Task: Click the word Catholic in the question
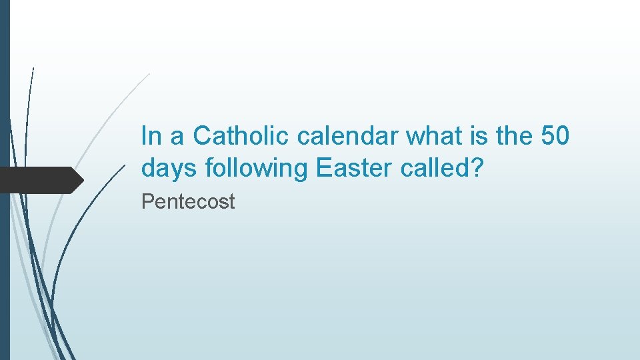pos(241,136)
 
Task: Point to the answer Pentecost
pos(188,202)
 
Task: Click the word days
pos(170,169)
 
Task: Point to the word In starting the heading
pos(151,136)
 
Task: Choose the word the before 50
pos(514,136)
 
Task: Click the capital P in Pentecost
pos(147,202)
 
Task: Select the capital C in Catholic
pos(202,136)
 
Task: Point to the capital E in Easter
pos(323,168)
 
